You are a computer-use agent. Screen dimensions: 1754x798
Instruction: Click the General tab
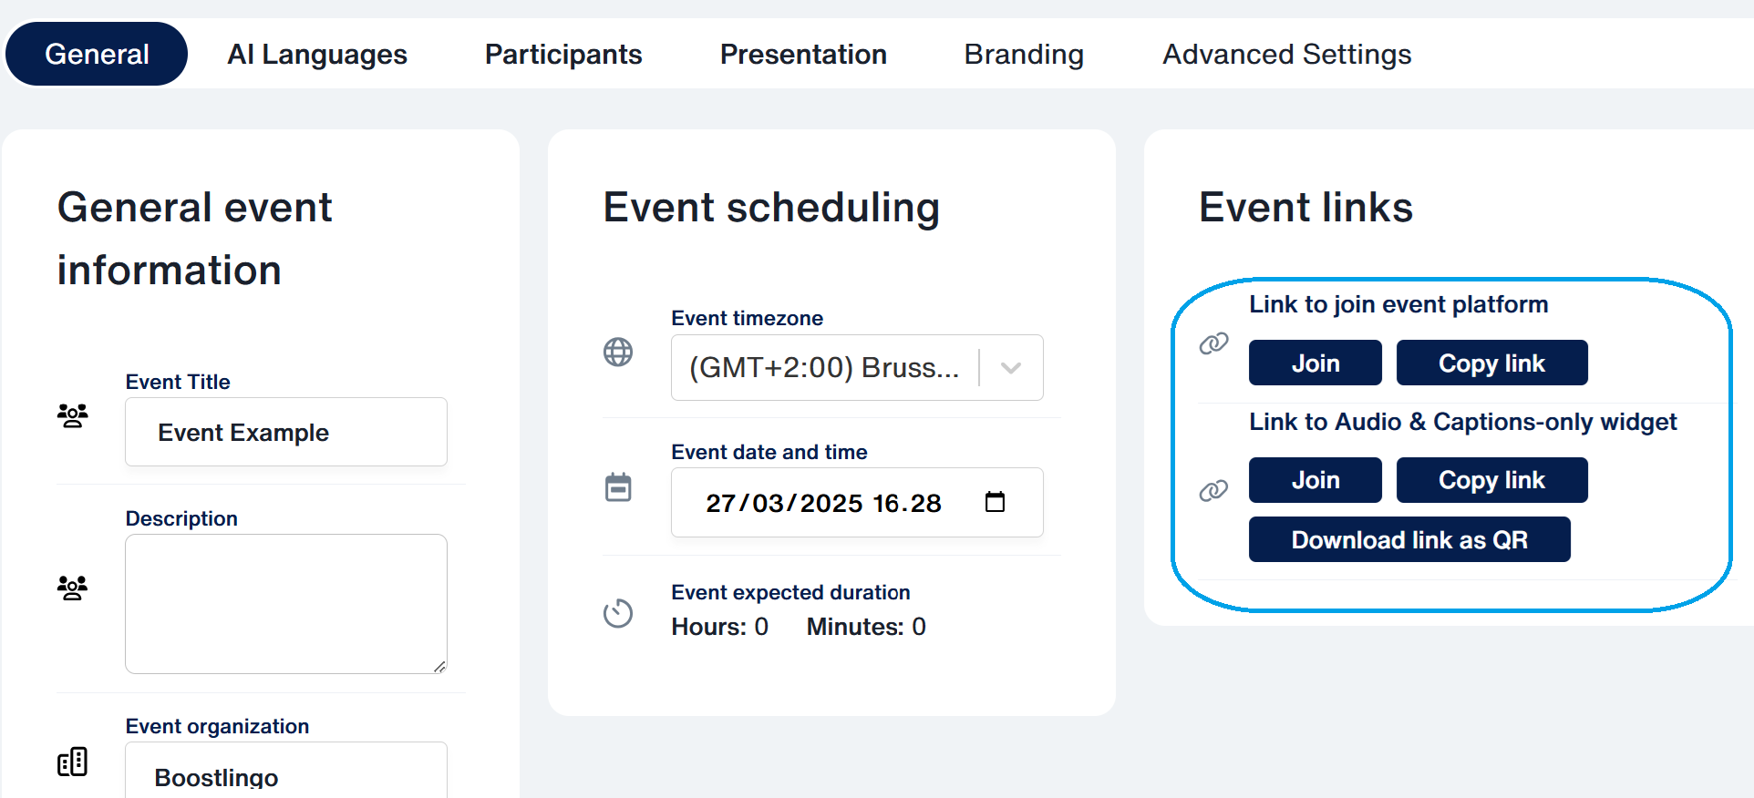(97, 54)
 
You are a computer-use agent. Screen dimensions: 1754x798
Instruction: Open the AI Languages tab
(317, 55)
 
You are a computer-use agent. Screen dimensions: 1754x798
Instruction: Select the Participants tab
(563, 55)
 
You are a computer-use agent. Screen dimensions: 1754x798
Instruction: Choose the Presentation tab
(803, 55)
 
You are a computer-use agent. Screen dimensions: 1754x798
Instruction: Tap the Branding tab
(1024, 55)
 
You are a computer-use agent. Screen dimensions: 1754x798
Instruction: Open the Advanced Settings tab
(1286, 55)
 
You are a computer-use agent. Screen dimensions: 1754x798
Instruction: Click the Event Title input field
(286, 432)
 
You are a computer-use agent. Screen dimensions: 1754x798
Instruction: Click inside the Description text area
(286, 604)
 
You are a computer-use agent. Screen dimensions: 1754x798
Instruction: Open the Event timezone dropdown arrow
(1011, 368)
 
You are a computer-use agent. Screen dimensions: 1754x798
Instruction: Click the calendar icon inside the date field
(995, 502)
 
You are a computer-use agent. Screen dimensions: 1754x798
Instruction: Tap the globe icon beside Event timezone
(618, 352)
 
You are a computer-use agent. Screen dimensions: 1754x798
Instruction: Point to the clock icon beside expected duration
(618, 613)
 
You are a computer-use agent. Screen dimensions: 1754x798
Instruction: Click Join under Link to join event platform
(1315, 363)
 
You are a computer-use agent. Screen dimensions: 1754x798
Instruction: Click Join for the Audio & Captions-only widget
(1315, 480)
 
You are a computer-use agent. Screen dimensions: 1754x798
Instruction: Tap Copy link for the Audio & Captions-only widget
(1492, 480)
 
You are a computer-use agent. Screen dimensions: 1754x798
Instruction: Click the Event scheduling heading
(771, 208)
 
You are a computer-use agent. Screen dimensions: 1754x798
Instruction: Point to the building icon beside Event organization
(73, 762)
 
